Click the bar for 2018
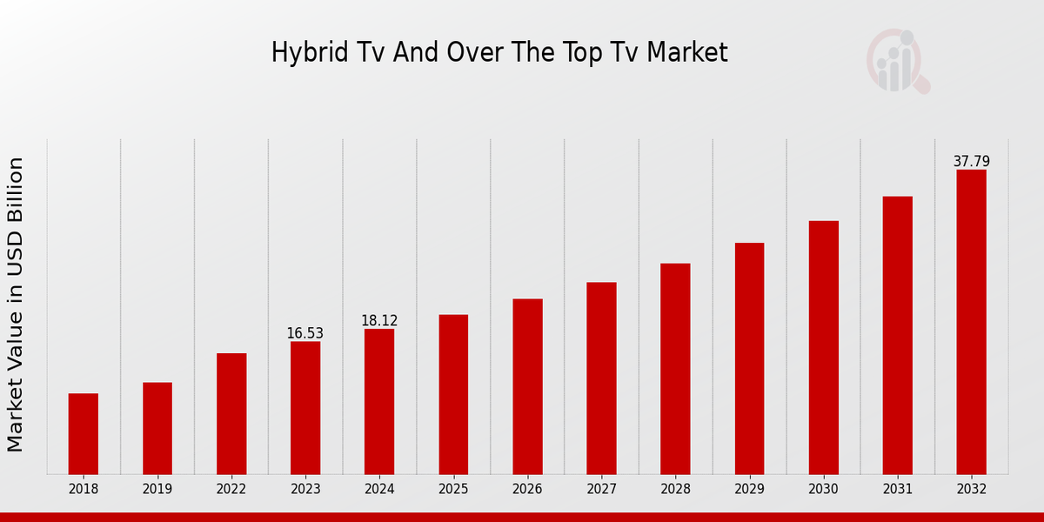click(84, 433)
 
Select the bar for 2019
click(157, 428)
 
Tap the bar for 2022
click(231, 413)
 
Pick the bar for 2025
click(453, 394)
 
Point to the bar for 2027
click(601, 378)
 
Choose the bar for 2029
click(749, 358)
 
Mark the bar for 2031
click(897, 335)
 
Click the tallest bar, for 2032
click(971, 322)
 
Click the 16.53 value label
click(305, 334)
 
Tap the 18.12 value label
click(379, 321)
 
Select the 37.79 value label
click(971, 162)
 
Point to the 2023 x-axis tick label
click(305, 489)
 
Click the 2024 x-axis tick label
click(379, 489)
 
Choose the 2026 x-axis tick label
click(527, 489)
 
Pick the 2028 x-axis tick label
click(675, 489)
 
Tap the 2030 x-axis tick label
click(823, 489)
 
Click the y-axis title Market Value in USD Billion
click(16, 304)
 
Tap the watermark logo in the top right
click(898, 61)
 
